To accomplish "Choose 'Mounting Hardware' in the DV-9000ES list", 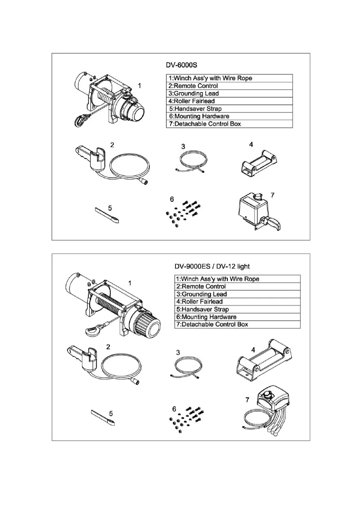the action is point(205,317).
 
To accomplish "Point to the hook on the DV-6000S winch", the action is point(79,121).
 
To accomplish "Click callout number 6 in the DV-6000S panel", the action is point(172,200).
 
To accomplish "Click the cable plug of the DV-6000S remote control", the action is point(146,182).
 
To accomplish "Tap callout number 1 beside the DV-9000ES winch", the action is point(130,283).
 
